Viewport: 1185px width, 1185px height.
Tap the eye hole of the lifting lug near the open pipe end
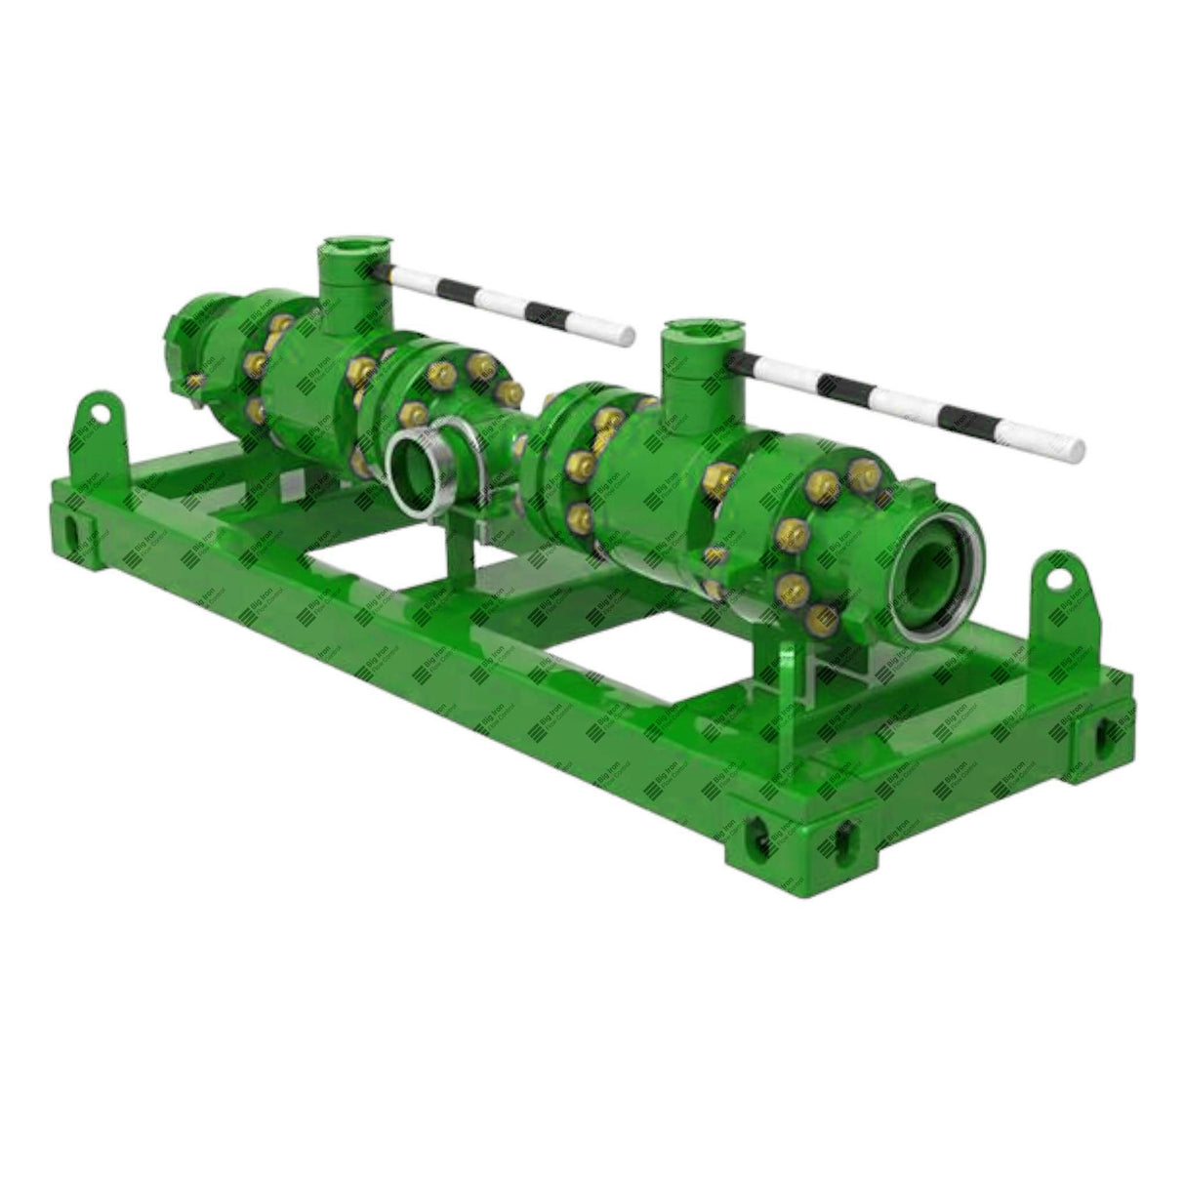1056,577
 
